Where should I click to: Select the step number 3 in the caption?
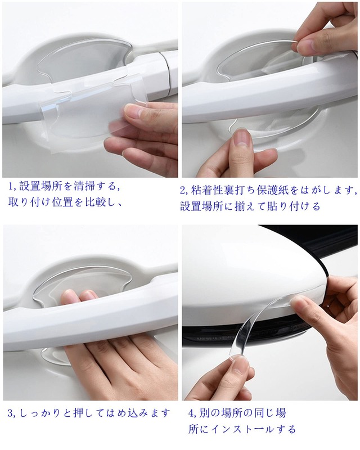11,413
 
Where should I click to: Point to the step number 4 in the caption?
191,413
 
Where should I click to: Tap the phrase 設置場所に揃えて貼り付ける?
250,206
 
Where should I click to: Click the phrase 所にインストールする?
242,429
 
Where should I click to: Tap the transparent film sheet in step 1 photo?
84,112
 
